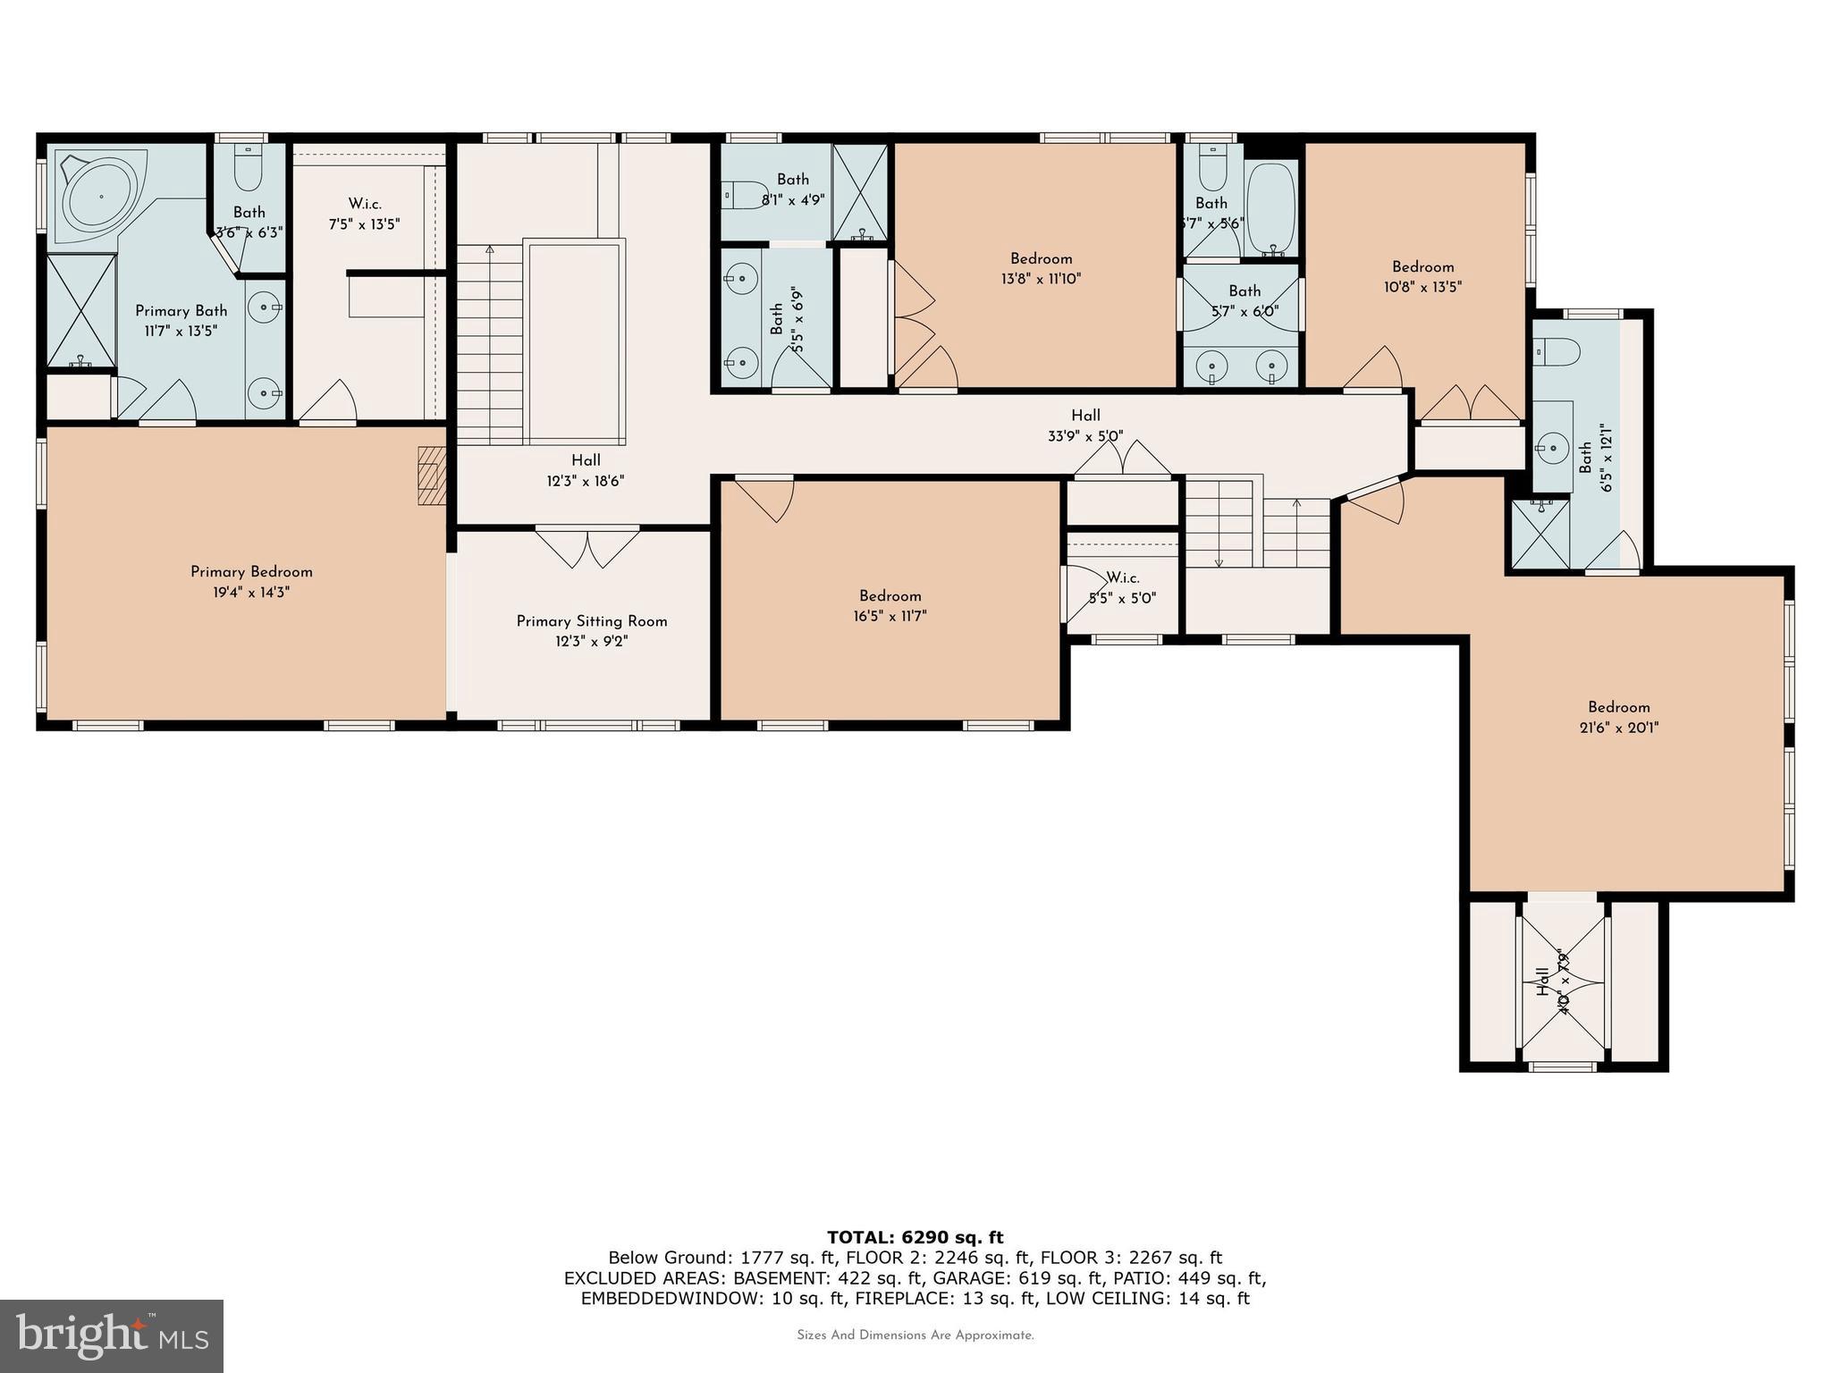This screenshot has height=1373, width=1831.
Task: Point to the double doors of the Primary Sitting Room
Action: point(587,547)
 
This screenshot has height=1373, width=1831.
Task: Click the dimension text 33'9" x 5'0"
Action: point(1085,436)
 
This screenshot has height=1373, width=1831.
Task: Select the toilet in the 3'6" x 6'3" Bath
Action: point(248,170)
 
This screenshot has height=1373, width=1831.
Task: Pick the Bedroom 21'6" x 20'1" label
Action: point(1618,717)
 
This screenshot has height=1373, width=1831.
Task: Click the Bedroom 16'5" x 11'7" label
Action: point(890,605)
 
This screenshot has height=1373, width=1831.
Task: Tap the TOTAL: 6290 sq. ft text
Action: point(915,1237)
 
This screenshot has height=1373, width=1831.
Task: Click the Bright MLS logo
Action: point(112,1335)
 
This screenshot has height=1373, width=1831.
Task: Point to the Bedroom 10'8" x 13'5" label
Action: point(1422,276)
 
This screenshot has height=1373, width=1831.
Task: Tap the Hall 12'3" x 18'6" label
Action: point(586,470)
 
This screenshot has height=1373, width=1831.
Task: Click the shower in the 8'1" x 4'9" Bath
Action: point(859,191)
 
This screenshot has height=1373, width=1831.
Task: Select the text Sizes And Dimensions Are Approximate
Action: point(915,1335)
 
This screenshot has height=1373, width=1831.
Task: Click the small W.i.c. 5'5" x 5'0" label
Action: point(1122,588)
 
